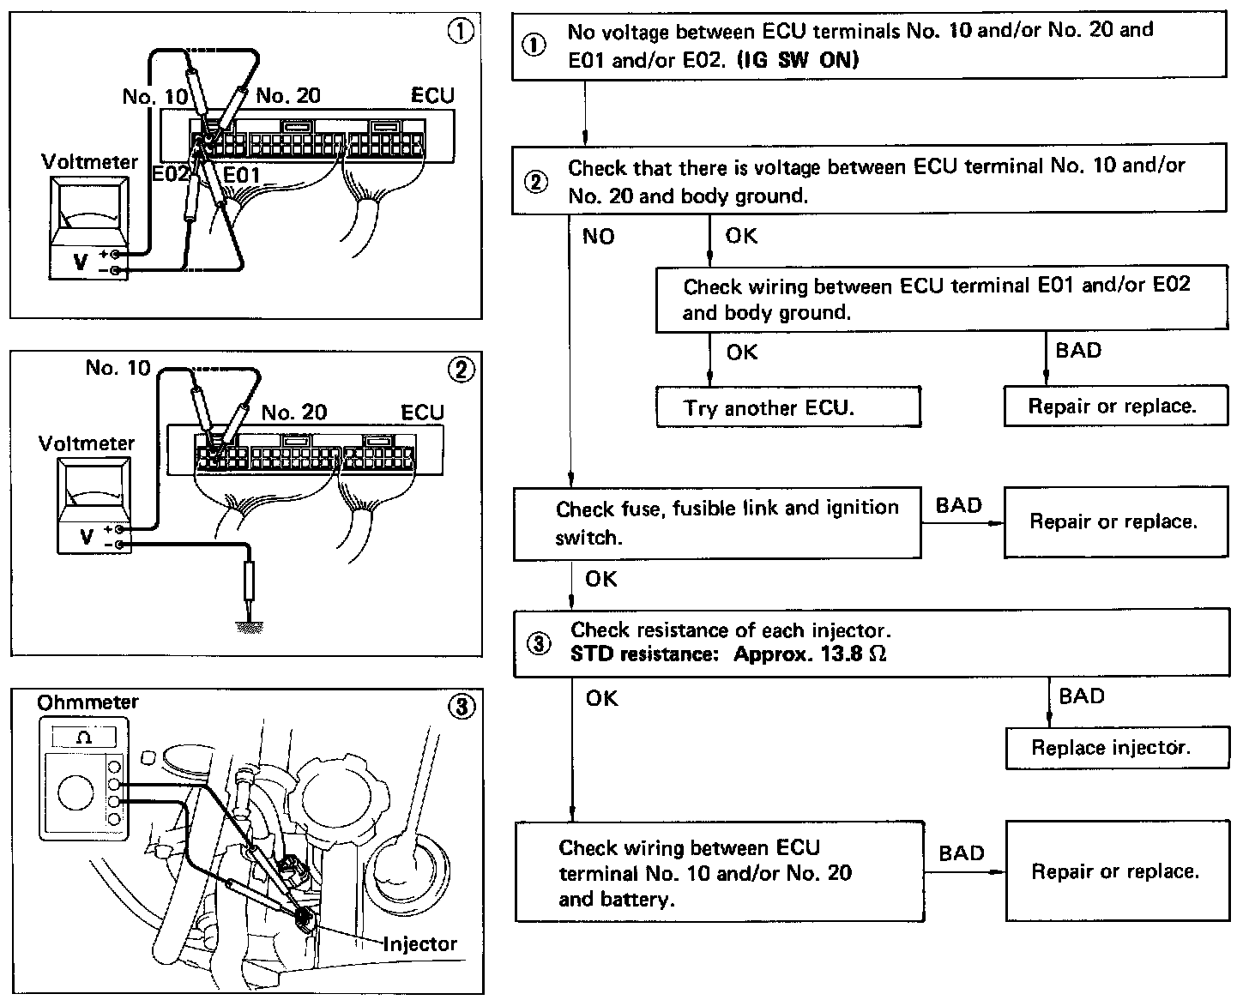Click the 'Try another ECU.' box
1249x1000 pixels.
tap(787, 407)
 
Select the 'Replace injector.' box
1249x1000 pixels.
tap(1111, 748)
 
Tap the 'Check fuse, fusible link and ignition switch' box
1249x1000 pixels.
tap(716, 523)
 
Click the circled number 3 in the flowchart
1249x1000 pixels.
tap(537, 644)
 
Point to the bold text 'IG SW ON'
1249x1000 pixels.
tap(798, 61)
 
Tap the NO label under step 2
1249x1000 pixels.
tap(598, 237)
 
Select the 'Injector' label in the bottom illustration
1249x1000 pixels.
tap(419, 944)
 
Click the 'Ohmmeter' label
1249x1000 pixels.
tap(87, 702)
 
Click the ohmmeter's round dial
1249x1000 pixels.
tap(75, 793)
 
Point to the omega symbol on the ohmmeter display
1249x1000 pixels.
tap(84, 738)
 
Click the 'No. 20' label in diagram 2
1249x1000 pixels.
tap(293, 413)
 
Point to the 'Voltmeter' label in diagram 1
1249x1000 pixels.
tap(89, 162)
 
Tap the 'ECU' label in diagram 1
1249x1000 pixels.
tap(432, 95)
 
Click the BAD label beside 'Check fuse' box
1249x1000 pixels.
tap(958, 505)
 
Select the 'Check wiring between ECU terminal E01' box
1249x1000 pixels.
tap(941, 298)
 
